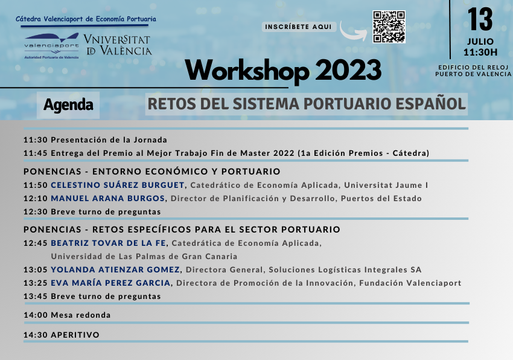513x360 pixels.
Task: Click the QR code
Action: point(389,27)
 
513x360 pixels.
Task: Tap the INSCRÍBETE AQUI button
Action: point(299,27)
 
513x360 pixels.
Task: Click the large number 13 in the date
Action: point(480,19)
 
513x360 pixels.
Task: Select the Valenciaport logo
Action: point(52,45)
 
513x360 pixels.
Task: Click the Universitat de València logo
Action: point(118,45)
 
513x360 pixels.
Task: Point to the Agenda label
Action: point(68,105)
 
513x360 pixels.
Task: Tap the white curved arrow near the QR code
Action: point(352,32)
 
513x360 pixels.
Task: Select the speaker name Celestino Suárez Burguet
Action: point(118,185)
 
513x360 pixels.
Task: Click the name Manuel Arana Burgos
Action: point(107,199)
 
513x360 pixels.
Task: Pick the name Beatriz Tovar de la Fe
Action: point(108,243)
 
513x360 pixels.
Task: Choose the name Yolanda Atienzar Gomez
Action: point(115,269)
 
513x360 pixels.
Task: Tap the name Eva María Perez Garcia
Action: point(110,283)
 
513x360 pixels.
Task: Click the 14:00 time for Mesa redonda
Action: point(36,315)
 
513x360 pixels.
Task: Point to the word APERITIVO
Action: point(75,335)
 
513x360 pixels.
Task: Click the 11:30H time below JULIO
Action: point(480,52)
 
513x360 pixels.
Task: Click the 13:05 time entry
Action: point(36,270)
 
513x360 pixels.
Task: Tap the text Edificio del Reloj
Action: point(473,68)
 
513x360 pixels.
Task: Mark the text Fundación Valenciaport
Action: point(410,283)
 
